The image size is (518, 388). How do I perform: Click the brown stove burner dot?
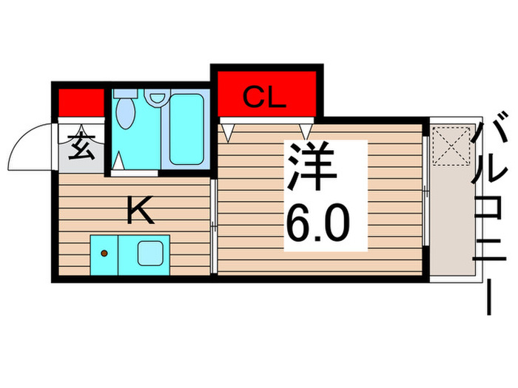click(104, 253)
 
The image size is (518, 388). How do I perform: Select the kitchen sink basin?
click(152, 253)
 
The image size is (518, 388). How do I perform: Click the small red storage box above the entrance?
click(81, 102)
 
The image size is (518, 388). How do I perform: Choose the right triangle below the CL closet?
click(305, 131)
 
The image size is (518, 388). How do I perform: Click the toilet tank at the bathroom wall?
click(125, 95)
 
